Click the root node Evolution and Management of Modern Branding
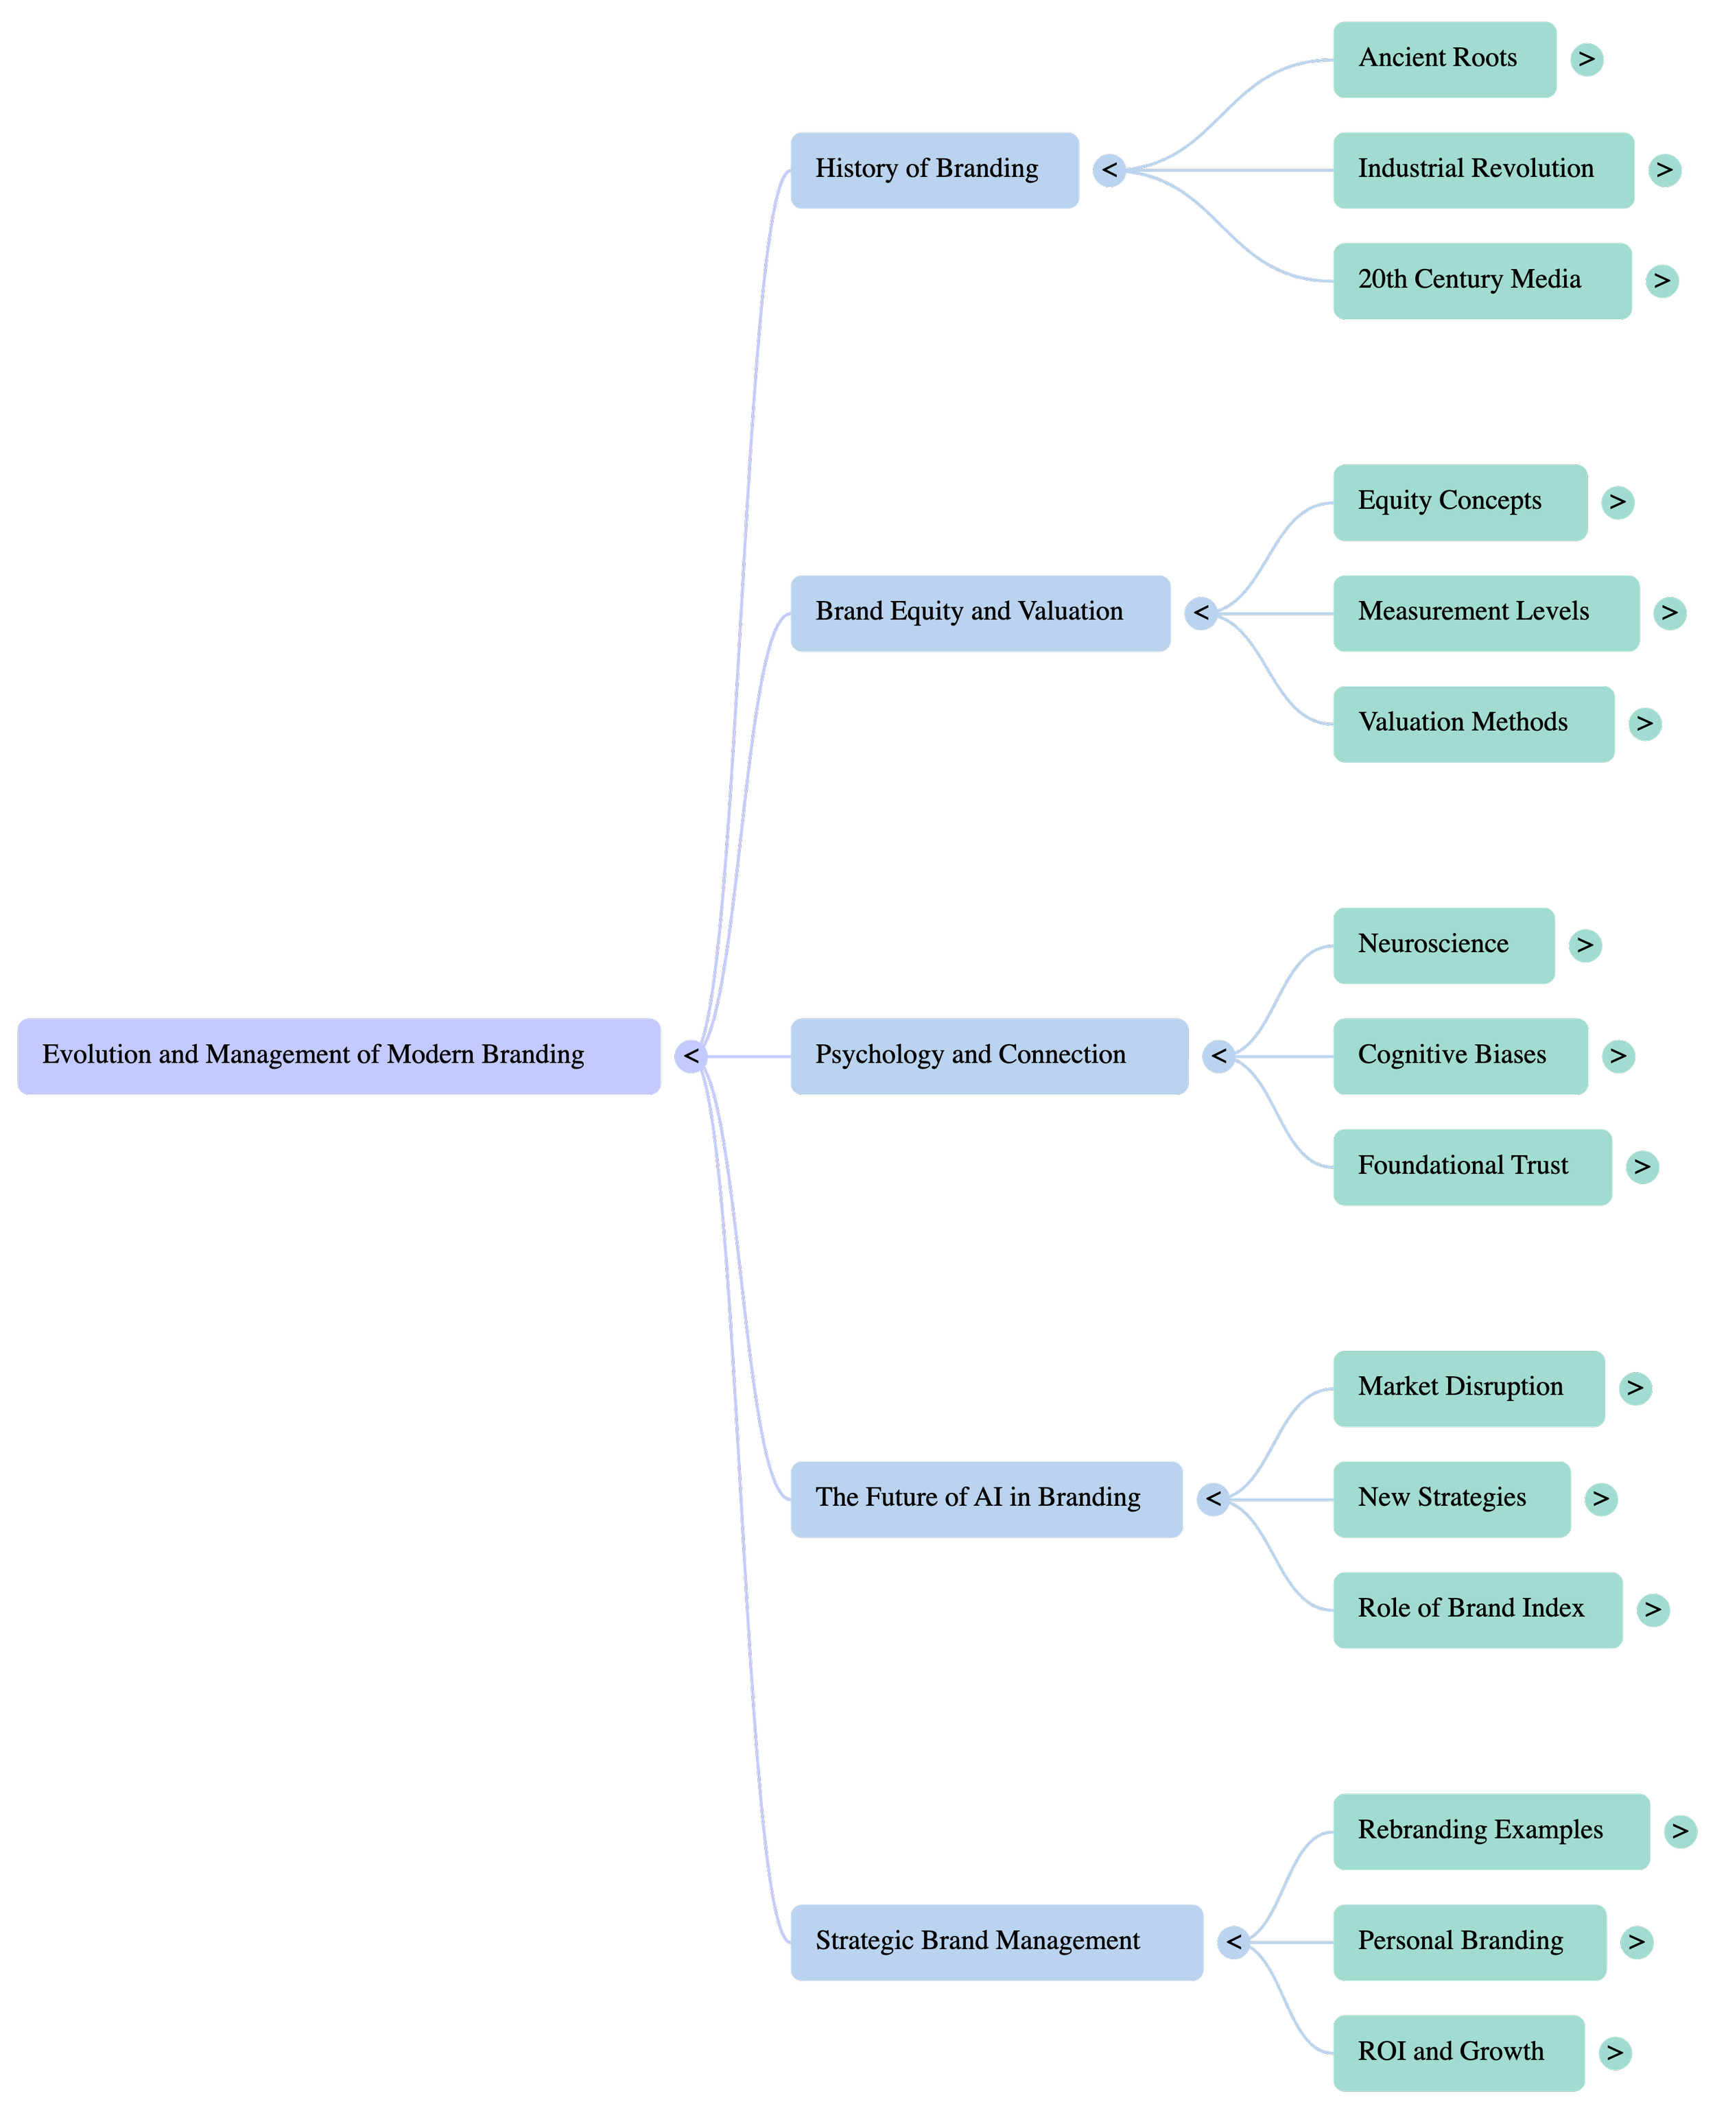click(x=338, y=1056)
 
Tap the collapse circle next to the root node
click(x=691, y=1056)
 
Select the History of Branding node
click(x=934, y=170)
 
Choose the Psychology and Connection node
click(x=988, y=1056)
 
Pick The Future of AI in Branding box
click(x=985, y=1498)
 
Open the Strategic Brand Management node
click(x=996, y=1942)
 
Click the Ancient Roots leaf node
click(x=1443, y=59)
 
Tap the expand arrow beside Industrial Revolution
click(x=1665, y=170)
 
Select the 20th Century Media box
click(x=1481, y=281)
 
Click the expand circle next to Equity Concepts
click(x=1617, y=501)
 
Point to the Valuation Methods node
click(x=1472, y=723)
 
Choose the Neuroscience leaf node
click(x=1443, y=945)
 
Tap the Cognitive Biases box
click(x=1459, y=1056)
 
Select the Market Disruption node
click(x=1468, y=1388)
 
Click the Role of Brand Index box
click(x=1477, y=1609)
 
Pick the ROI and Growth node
click(x=1458, y=2053)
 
